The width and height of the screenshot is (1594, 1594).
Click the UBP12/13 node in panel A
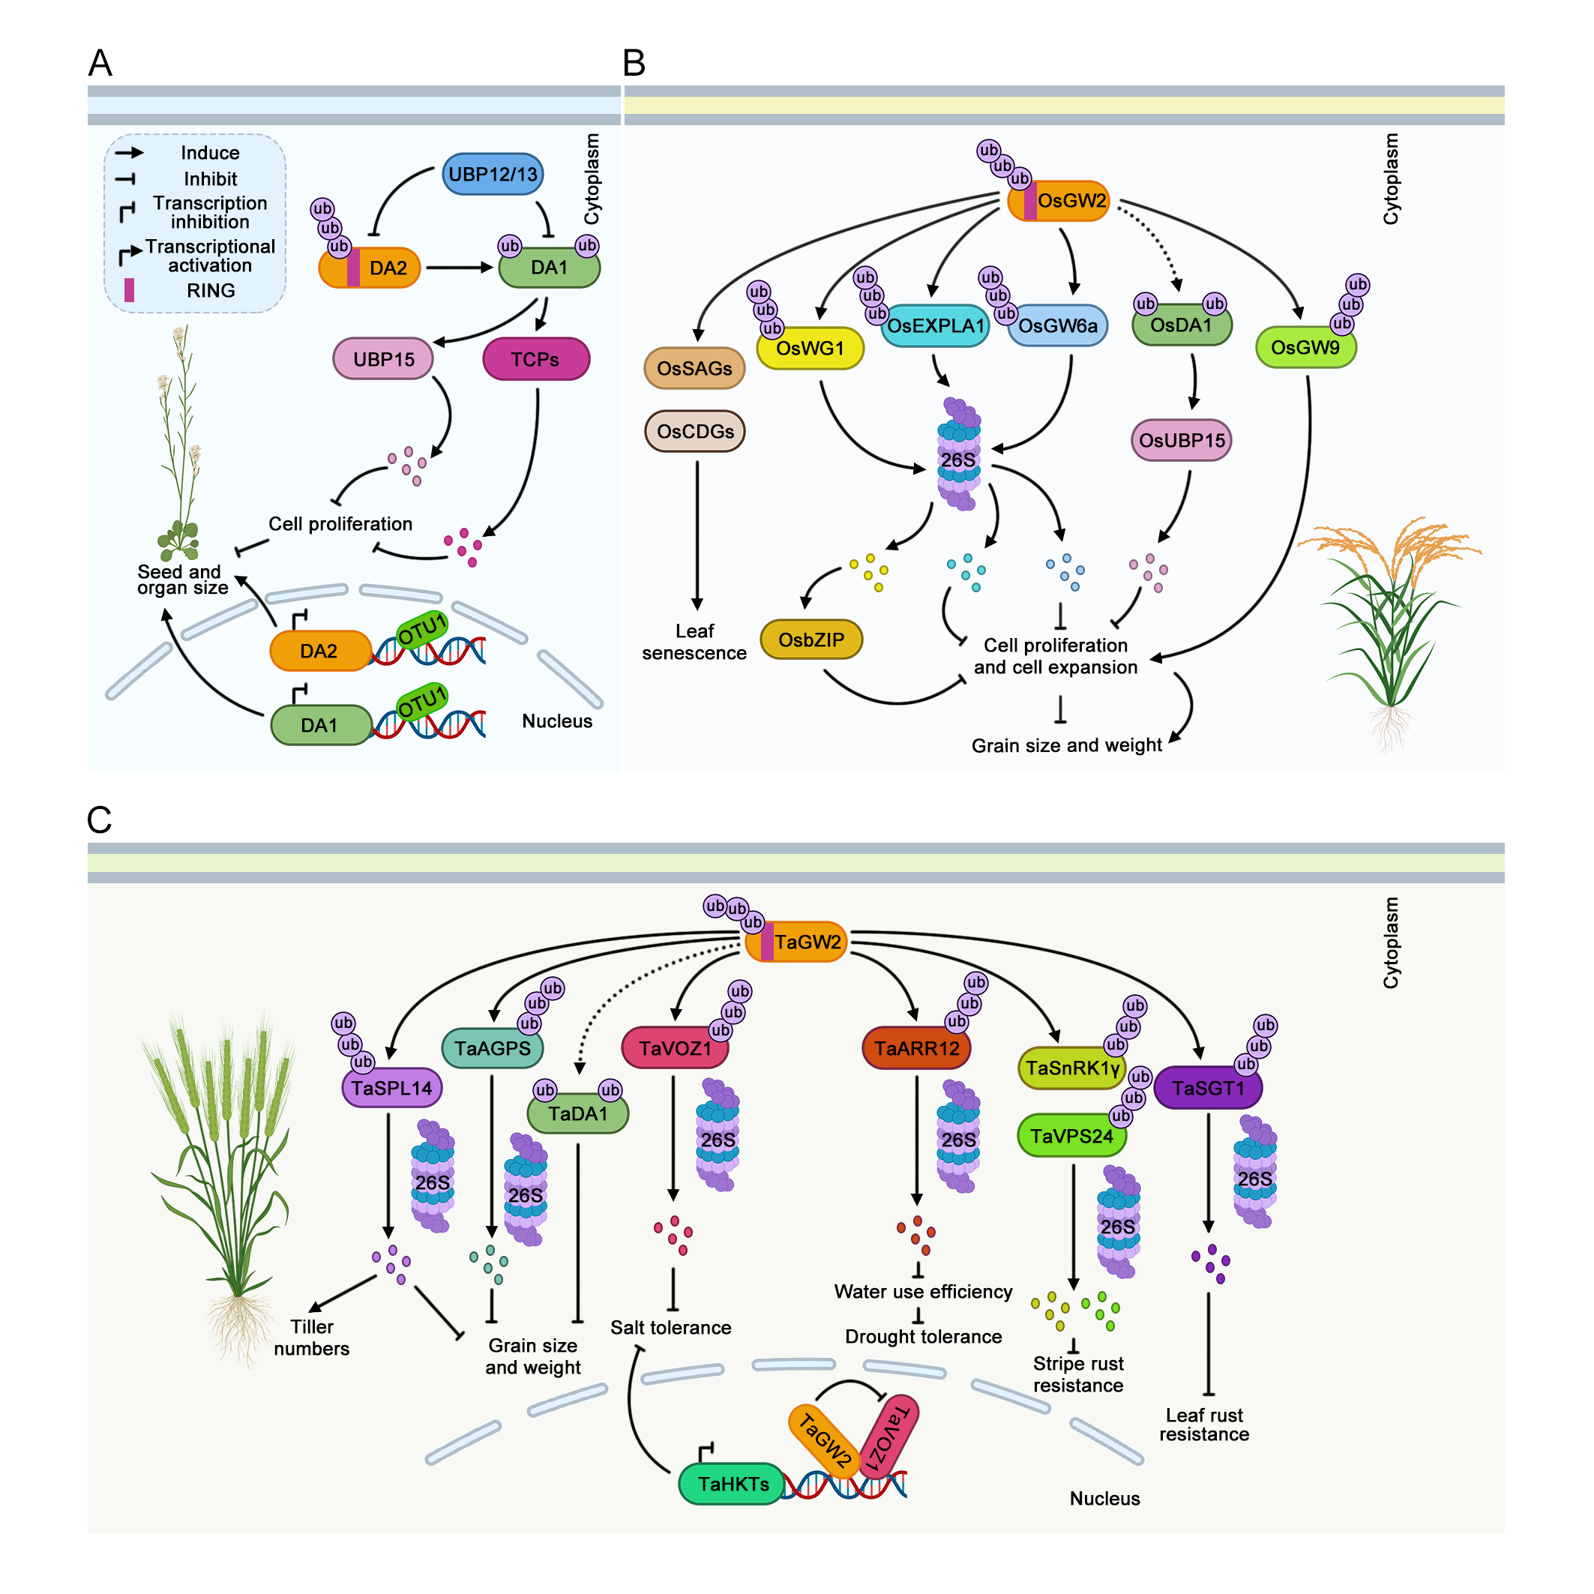(x=493, y=174)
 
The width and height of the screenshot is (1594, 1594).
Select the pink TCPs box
(x=535, y=360)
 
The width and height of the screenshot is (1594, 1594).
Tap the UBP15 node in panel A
(x=384, y=360)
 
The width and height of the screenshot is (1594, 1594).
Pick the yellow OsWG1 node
(x=810, y=349)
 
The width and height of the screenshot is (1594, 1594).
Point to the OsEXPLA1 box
(x=936, y=327)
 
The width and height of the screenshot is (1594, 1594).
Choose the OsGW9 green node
(x=1305, y=348)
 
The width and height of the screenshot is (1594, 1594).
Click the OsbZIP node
(x=811, y=640)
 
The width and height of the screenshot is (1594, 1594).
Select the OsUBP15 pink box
(x=1182, y=441)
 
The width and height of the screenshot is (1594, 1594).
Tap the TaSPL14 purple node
(x=392, y=1088)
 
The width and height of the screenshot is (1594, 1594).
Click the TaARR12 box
(x=917, y=1049)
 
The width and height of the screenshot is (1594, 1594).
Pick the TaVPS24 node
(x=1071, y=1136)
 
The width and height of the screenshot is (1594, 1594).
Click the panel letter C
(x=99, y=820)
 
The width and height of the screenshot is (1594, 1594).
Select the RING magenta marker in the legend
(x=130, y=290)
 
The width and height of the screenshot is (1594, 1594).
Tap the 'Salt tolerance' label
(x=671, y=1328)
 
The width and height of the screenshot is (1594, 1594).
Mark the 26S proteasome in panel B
(x=959, y=455)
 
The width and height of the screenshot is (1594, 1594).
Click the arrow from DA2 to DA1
(x=459, y=268)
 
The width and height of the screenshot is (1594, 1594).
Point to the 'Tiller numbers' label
(x=312, y=1338)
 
